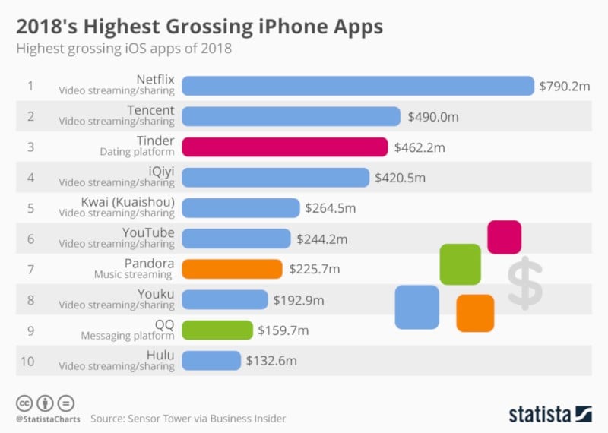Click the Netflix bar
click(358, 86)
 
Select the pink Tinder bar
click(285, 147)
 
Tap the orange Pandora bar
click(233, 269)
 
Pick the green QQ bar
click(217, 330)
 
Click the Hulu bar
click(211, 360)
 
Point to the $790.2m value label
click(565, 86)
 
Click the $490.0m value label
click(433, 116)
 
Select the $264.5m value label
click(330, 207)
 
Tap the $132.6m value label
click(271, 360)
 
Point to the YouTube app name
click(148, 232)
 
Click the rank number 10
click(28, 360)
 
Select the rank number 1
click(30, 86)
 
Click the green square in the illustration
click(460, 264)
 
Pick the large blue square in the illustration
click(416, 307)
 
